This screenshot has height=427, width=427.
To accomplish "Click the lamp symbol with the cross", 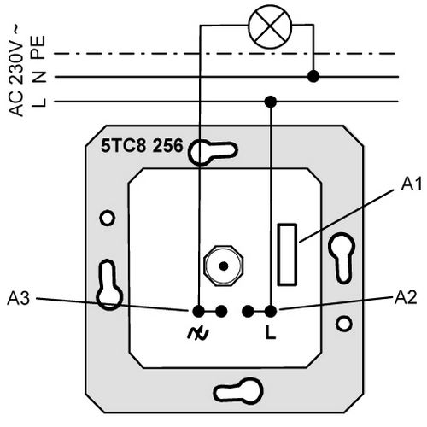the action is click(x=270, y=26).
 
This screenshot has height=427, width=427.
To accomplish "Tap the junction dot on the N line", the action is click(x=313, y=77).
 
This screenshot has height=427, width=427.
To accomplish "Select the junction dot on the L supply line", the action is click(x=271, y=102).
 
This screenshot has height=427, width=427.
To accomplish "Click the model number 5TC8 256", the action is click(x=142, y=146).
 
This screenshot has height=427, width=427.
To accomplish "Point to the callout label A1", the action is click(x=412, y=184).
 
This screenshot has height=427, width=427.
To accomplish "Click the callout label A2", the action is click(x=406, y=297).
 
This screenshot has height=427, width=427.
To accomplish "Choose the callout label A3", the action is click(x=19, y=298).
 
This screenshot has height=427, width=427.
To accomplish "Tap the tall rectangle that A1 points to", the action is click(x=287, y=254).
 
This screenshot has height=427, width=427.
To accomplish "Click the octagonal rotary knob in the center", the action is click(x=224, y=266).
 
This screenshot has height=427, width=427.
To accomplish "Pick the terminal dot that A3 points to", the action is click(x=199, y=311).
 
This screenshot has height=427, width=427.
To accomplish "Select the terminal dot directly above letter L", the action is click(x=271, y=312).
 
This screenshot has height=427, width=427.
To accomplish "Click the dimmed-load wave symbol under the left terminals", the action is click(x=198, y=333).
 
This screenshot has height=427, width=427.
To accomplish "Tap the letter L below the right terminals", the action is click(x=271, y=332).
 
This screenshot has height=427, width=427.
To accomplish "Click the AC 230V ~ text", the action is click(x=16, y=70).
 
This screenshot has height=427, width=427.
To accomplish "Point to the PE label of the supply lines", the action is click(x=38, y=47).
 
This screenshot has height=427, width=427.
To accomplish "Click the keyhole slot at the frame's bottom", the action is click(x=238, y=390).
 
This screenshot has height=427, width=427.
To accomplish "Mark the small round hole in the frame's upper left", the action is click(x=108, y=219).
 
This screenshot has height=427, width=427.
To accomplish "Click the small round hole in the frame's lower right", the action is click(x=344, y=324).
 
